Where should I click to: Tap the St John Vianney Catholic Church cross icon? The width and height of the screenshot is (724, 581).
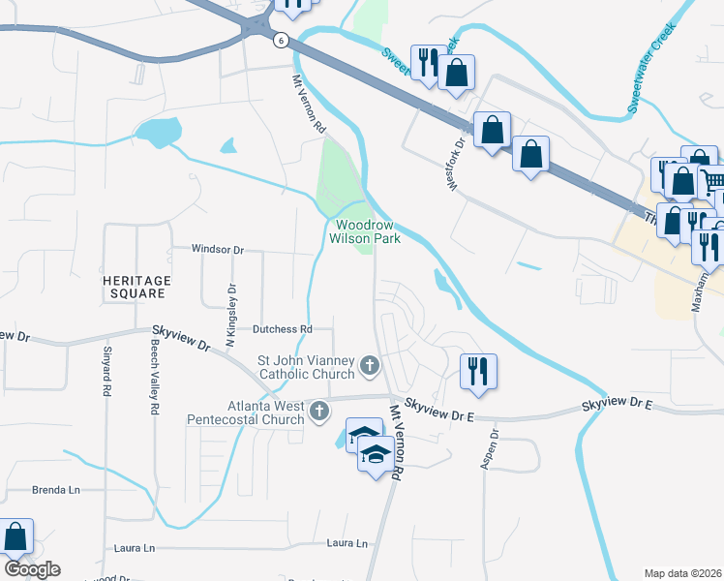[x=369, y=366]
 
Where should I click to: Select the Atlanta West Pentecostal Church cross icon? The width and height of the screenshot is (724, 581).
[x=318, y=413]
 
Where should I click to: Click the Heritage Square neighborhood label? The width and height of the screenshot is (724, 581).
[x=136, y=287]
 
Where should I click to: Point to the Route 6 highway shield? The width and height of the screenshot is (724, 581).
[x=280, y=40]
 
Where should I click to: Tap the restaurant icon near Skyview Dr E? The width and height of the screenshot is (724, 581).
[x=476, y=371]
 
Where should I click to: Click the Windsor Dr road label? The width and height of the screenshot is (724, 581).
[x=217, y=249]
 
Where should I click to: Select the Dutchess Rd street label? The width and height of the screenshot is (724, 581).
[x=282, y=329]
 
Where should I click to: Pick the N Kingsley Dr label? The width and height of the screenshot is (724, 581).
[x=231, y=315]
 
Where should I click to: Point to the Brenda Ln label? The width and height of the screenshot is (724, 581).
[x=56, y=490]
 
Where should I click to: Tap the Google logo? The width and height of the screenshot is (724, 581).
[x=32, y=569]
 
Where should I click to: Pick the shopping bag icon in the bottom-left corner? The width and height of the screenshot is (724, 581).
[x=15, y=536]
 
